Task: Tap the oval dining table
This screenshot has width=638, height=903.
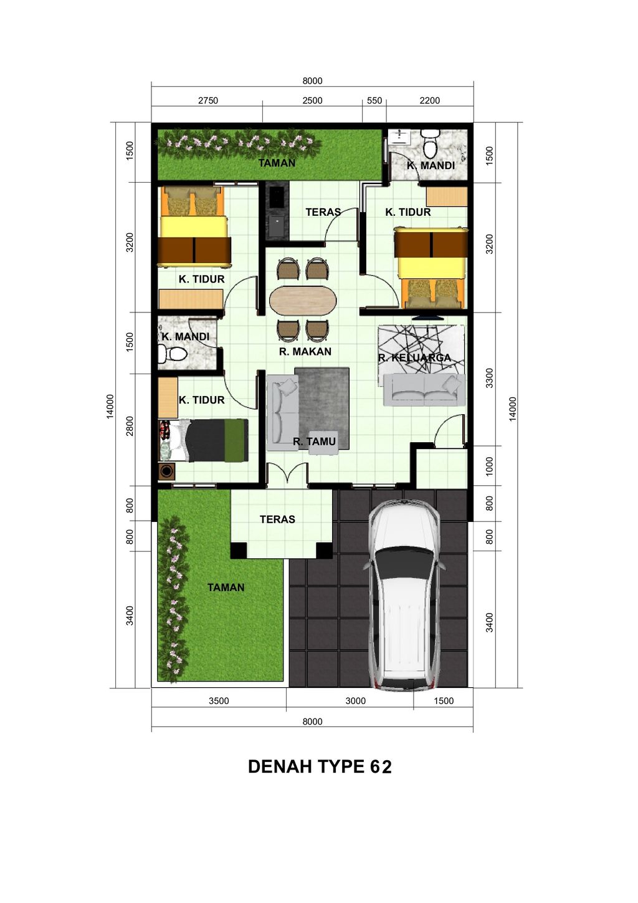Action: click(303, 300)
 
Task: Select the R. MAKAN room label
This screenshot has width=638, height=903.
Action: click(305, 352)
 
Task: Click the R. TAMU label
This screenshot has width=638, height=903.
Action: click(315, 442)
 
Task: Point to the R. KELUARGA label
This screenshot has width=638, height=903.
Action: click(414, 358)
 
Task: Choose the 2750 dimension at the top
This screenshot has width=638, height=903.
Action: click(208, 100)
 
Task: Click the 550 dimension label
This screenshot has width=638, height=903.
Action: click(374, 100)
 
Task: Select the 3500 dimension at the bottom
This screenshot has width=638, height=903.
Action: click(219, 701)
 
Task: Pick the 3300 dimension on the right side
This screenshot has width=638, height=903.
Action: click(490, 378)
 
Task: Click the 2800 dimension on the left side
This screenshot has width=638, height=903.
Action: click(130, 426)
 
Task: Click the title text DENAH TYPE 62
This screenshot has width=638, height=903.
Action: click(320, 767)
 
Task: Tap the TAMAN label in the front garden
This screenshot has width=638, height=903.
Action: click(226, 587)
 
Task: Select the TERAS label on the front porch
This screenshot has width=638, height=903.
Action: click(277, 519)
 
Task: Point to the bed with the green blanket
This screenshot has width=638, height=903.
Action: click(212, 440)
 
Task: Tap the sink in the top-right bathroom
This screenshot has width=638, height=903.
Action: click(399, 137)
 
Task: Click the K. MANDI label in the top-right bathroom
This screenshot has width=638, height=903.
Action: click(431, 166)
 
